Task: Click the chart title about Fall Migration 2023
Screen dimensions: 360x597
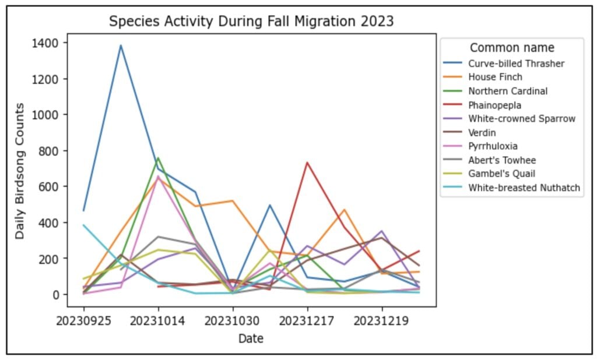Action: pos(251,22)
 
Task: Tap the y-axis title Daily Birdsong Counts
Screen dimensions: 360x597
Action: pos(20,171)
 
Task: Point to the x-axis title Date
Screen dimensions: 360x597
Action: pos(251,338)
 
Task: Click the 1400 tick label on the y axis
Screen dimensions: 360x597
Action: pos(45,43)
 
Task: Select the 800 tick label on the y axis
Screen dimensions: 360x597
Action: pos(48,151)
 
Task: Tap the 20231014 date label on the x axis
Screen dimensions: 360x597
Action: pos(158,320)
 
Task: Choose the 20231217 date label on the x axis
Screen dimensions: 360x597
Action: pos(307,320)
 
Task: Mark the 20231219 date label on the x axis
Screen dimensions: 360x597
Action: pos(382,320)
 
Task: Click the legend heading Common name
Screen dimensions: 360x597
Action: pos(512,48)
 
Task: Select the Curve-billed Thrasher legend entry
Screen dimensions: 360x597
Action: pos(517,63)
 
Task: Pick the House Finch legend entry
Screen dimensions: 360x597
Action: pos(496,77)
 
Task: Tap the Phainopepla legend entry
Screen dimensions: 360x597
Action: pos(495,105)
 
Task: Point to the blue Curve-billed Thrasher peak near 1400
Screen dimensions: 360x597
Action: pos(121,45)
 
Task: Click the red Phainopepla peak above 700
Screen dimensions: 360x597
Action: pos(307,163)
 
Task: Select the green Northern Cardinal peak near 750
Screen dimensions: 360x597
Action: pos(158,158)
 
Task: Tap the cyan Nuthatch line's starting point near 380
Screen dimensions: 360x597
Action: pos(84,225)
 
